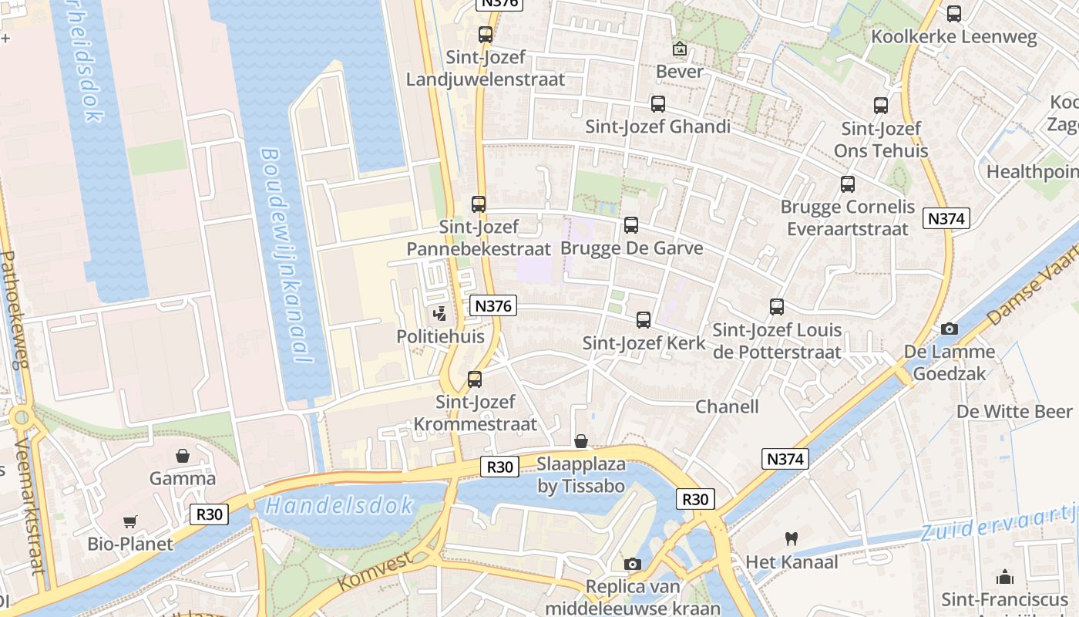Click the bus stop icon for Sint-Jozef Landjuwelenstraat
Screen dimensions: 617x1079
pyautogui.click(x=485, y=35)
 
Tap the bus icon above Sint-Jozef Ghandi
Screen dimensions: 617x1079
pyautogui.click(x=657, y=104)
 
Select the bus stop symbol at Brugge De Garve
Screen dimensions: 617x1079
pyautogui.click(x=631, y=225)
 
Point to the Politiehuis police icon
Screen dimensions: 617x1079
pyautogui.click(x=440, y=314)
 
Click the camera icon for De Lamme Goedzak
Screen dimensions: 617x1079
pyautogui.click(x=950, y=329)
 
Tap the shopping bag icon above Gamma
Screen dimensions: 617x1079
pyautogui.click(x=183, y=456)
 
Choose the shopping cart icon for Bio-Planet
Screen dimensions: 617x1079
pyautogui.click(x=129, y=522)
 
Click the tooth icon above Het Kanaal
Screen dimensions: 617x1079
pyautogui.click(x=791, y=538)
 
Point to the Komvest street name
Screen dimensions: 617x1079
pyautogui.click(x=375, y=569)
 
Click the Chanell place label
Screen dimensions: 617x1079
pyautogui.click(x=727, y=406)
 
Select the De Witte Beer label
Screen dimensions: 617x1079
pyautogui.click(x=1014, y=411)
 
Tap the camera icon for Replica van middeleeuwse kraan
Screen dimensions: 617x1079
pyautogui.click(x=633, y=565)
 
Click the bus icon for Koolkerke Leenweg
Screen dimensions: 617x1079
pyautogui.click(x=953, y=14)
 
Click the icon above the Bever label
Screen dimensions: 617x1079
pyautogui.click(x=679, y=49)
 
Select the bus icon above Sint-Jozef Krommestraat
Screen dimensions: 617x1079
pyautogui.click(x=475, y=379)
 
